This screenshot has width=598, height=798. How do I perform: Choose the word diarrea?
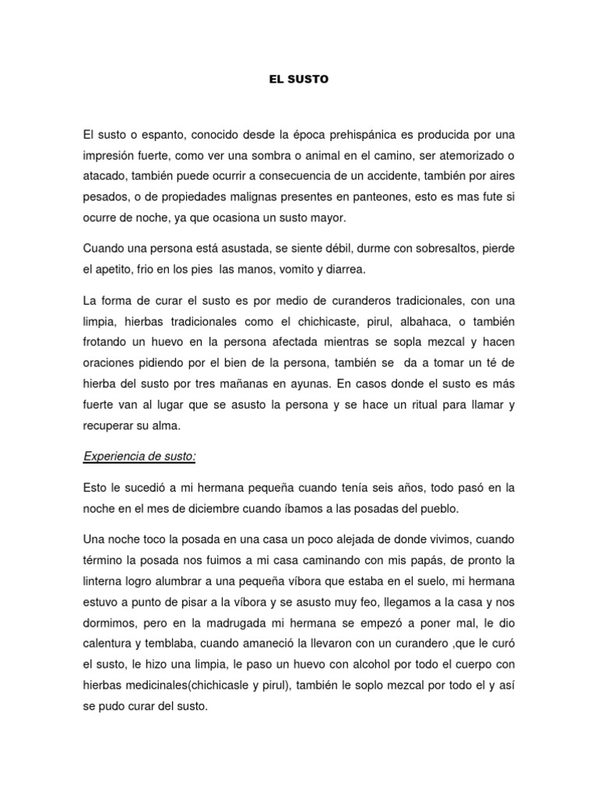343,269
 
